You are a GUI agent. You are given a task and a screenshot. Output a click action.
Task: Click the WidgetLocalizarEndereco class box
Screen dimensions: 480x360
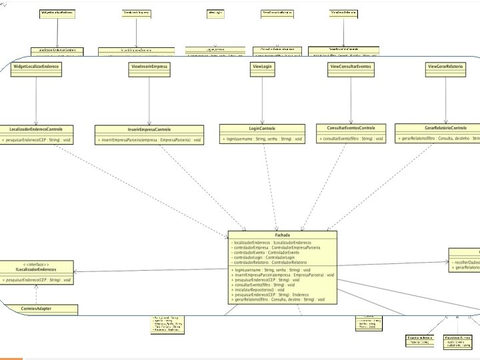36,67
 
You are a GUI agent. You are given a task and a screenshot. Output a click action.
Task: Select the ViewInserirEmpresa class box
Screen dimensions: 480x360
149,67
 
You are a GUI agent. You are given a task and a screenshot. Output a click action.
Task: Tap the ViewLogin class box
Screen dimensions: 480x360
261,67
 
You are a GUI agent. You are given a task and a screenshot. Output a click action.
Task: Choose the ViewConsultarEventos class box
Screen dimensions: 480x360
351,67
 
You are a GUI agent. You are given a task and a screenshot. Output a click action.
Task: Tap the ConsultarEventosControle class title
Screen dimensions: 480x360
351,128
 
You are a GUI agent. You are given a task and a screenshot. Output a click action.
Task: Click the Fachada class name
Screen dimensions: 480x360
283,235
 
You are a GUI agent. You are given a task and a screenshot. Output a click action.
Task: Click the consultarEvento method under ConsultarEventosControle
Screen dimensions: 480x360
351,139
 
